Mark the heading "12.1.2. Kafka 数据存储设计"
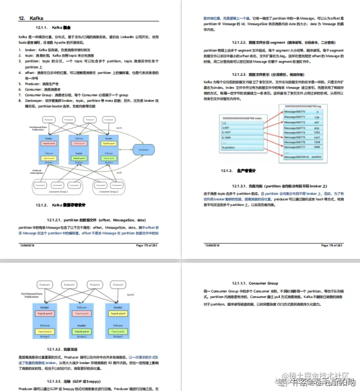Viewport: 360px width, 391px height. tap(62, 205)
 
